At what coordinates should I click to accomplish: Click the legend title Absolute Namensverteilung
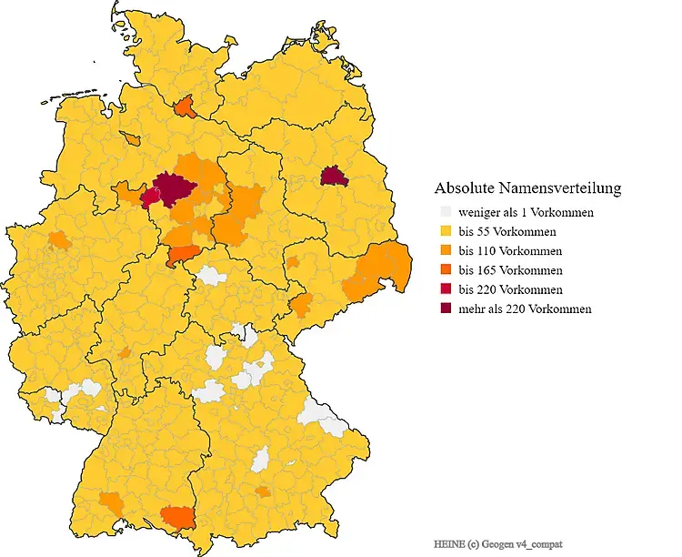(x=527, y=188)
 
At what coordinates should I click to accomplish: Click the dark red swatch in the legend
(x=445, y=309)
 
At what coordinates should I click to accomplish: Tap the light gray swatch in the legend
(x=445, y=212)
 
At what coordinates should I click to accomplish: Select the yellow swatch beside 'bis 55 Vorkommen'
(x=445, y=232)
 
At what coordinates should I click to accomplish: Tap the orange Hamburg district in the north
(x=185, y=107)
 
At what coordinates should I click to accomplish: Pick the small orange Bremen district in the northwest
(x=134, y=140)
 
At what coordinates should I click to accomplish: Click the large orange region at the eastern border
(x=376, y=270)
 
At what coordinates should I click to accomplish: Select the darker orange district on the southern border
(x=177, y=517)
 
